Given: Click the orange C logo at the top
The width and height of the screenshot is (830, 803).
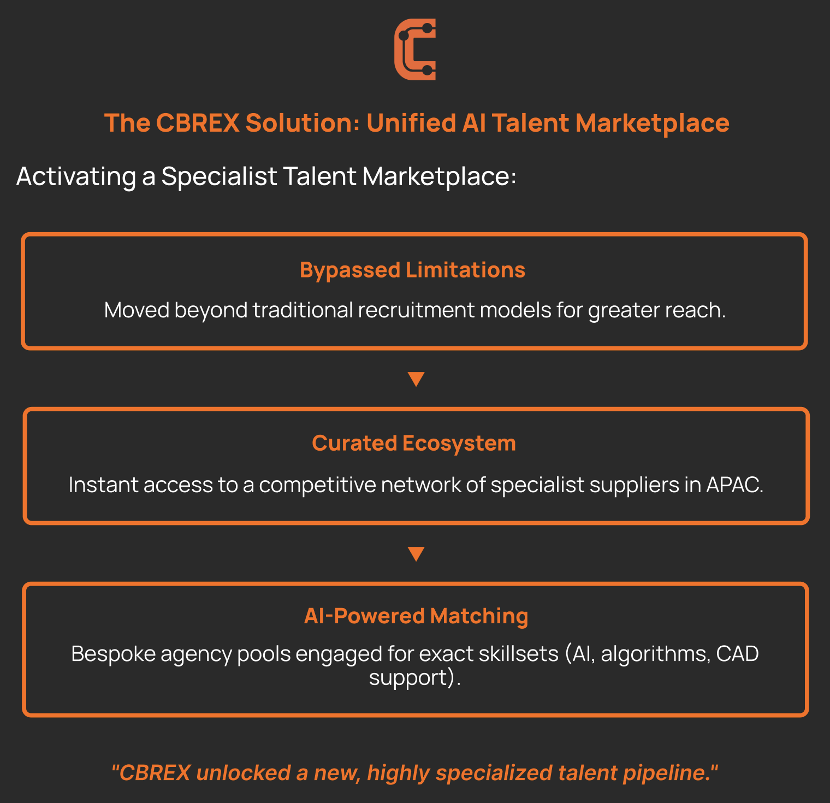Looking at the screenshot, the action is (x=415, y=50).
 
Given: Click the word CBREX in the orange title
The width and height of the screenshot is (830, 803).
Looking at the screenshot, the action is (x=198, y=123).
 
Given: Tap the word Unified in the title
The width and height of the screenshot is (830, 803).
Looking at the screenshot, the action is (x=411, y=123).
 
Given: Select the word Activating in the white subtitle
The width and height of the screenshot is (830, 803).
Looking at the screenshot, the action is (x=76, y=176).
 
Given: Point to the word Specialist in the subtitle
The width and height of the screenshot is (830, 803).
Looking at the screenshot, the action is (x=219, y=176).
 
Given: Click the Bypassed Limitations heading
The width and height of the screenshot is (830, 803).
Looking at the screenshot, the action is (x=412, y=270).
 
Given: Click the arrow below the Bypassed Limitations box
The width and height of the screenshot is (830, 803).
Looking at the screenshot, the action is (x=416, y=379).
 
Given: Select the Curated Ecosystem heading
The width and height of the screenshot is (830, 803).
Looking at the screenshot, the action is (x=414, y=443).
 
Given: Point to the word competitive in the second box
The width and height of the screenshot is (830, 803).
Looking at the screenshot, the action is (x=317, y=485).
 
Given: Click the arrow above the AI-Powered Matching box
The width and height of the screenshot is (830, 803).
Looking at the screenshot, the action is (x=416, y=553).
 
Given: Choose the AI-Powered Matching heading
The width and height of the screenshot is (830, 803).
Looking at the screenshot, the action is (x=416, y=616).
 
